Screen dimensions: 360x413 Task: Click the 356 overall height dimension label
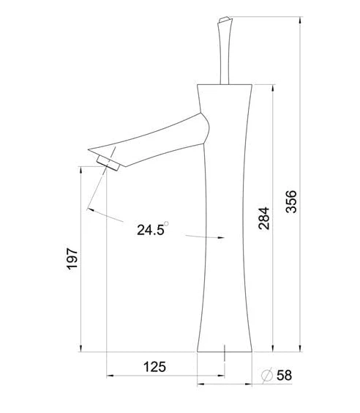coord(291,201)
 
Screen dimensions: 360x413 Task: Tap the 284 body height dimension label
coord(264,218)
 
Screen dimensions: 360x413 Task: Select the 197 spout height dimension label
coord(72,258)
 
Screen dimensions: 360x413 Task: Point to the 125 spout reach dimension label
coord(154,367)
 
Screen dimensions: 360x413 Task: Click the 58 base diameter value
coord(284,375)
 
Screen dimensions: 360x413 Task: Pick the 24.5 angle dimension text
coord(150,230)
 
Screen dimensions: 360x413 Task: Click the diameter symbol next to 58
coord(267,375)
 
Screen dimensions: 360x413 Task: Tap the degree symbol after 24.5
coord(166,223)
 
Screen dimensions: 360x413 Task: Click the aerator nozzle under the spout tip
coord(108,163)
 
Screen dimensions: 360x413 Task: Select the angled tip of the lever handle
coord(225,20)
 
